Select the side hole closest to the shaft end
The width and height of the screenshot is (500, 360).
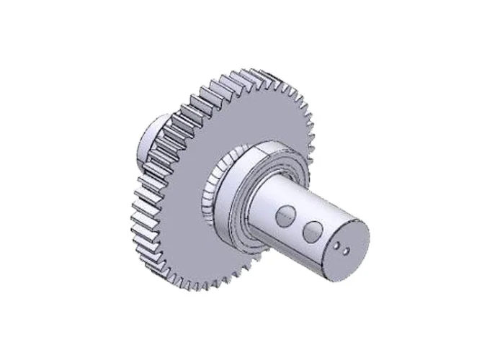pos(312,231)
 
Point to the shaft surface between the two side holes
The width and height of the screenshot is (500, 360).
pos(298,222)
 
